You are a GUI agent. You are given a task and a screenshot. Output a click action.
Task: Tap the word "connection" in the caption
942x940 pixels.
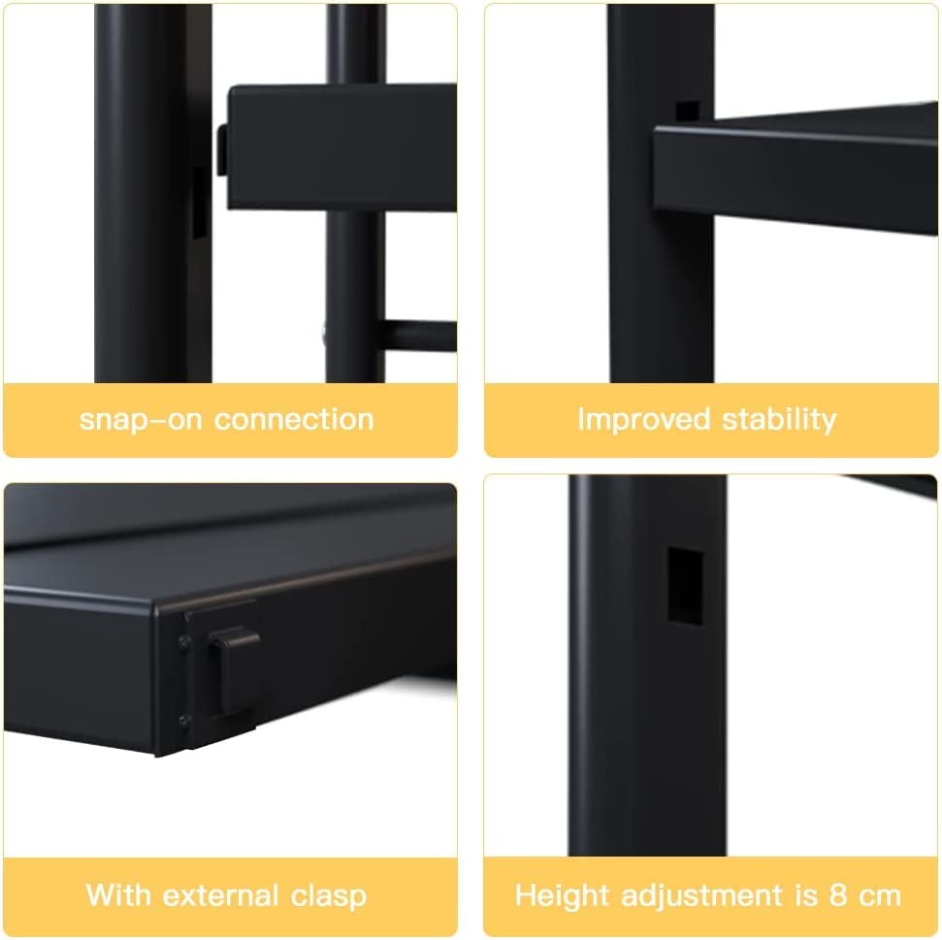(x=294, y=419)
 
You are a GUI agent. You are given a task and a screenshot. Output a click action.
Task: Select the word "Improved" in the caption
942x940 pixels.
(x=644, y=420)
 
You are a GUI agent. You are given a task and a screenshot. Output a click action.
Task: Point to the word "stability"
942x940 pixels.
(x=779, y=420)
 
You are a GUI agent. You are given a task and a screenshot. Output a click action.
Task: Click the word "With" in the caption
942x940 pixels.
(x=118, y=894)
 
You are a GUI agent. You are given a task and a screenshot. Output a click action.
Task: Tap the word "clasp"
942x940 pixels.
(x=329, y=896)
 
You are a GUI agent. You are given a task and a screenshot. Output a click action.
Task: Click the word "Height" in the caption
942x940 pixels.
(x=563, y=895)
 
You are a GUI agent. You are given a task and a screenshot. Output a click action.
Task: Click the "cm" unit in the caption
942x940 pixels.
(x=880, y=896)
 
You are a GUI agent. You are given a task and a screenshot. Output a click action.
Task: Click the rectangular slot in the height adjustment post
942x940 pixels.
(x=686, y=586)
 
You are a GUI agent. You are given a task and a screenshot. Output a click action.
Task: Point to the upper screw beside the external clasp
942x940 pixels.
(x=183, y=642)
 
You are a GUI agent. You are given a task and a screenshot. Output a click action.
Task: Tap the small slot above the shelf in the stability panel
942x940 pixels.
(x=687, y=112)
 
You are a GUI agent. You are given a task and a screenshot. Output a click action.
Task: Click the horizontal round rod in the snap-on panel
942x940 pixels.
(x=418, y=337)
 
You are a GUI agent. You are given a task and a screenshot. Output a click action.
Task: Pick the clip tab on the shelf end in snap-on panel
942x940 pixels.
(x=222, y=150)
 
